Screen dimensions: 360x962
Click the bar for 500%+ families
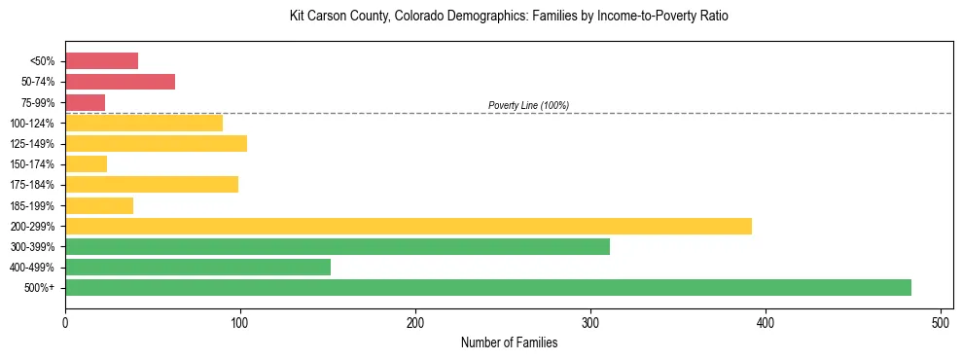click(487, 287)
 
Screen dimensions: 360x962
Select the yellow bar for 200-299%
click(408, 226)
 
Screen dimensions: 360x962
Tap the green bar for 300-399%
click(337, 246)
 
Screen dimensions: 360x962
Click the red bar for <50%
click(101, 61)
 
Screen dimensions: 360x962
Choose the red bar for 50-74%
click(120, 82)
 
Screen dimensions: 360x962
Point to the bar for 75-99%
click(85, 102)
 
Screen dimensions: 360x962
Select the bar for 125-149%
click(156, 143)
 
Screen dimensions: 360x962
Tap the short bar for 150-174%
click(86, 163)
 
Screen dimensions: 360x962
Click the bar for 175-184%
click(151, 184)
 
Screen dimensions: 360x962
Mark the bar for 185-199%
click(98, 205)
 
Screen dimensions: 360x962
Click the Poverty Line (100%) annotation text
click(528, 105)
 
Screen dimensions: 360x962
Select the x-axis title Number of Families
click(509, 342)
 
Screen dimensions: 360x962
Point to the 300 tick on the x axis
click(590, 321)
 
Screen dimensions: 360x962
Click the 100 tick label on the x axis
click(240, 321)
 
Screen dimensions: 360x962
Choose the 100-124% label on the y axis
click(32, 124)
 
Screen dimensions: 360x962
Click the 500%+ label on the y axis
click(40, 288)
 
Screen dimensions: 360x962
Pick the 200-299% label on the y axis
click(32, 226)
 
